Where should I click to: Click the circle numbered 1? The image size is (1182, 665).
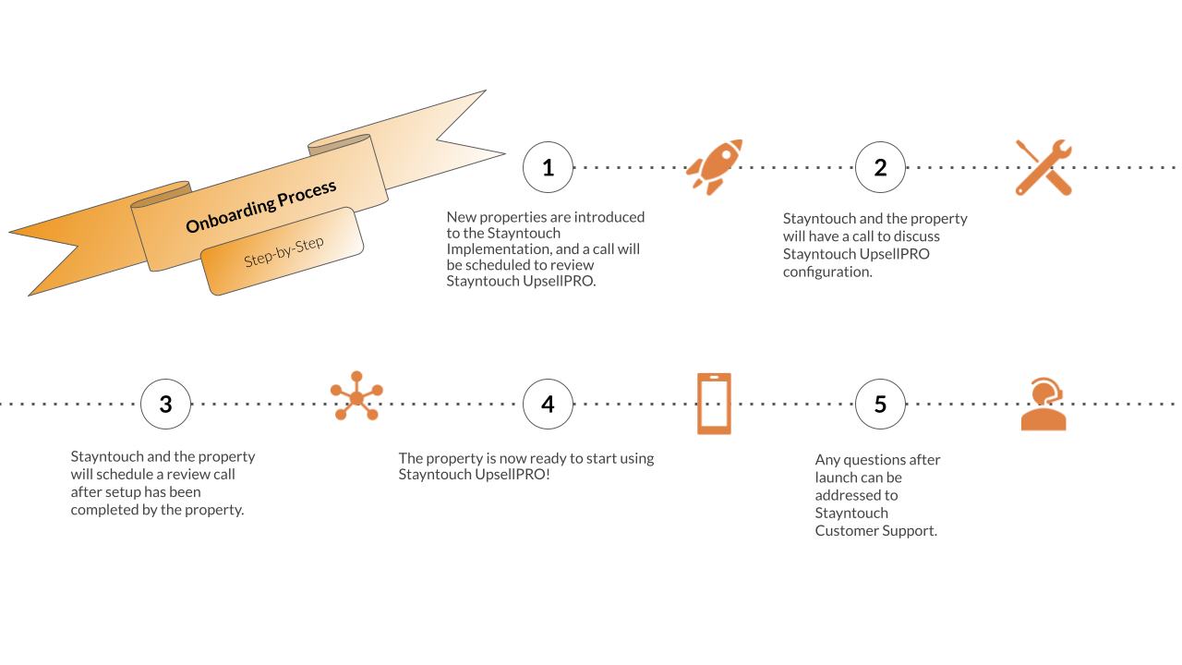548,167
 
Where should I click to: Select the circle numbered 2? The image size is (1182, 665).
880,167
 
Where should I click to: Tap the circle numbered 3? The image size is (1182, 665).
166,405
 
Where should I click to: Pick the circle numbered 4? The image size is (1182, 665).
548,405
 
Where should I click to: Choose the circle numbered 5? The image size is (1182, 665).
880,405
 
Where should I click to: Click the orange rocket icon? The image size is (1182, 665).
715,166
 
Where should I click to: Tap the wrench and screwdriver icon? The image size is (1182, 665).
1043,167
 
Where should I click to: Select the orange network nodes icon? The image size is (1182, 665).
356,396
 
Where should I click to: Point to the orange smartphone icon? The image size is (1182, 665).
714,404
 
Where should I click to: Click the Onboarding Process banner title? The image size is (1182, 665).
261,207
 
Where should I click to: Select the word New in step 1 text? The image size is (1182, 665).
462,217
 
